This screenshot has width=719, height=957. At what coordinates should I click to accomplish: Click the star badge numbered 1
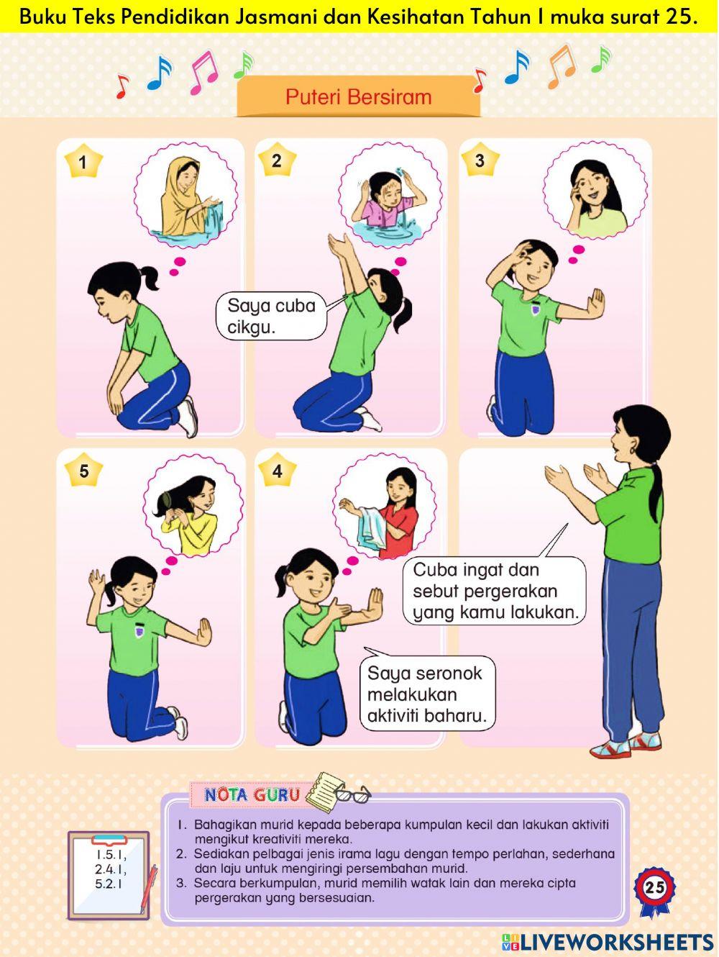[x=83, y=162]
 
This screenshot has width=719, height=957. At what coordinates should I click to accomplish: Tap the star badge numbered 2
[x=277, y=161]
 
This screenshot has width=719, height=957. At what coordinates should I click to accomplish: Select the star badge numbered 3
[x=480, y=161]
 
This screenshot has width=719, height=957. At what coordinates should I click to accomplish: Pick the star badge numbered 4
[x=277, y=472]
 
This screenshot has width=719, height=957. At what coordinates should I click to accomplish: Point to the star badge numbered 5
[x=83, y=471]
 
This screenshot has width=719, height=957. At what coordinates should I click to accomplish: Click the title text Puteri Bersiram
[x=358, y=97]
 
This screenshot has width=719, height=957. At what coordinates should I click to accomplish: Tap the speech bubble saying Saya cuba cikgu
[x=271, y=317]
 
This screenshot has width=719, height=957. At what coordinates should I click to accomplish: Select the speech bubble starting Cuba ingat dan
[x=495, y=591]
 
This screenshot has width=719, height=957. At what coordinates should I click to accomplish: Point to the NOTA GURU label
[x=252, y=795]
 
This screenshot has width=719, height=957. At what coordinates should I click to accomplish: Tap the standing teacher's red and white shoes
[x=625, y=745]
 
